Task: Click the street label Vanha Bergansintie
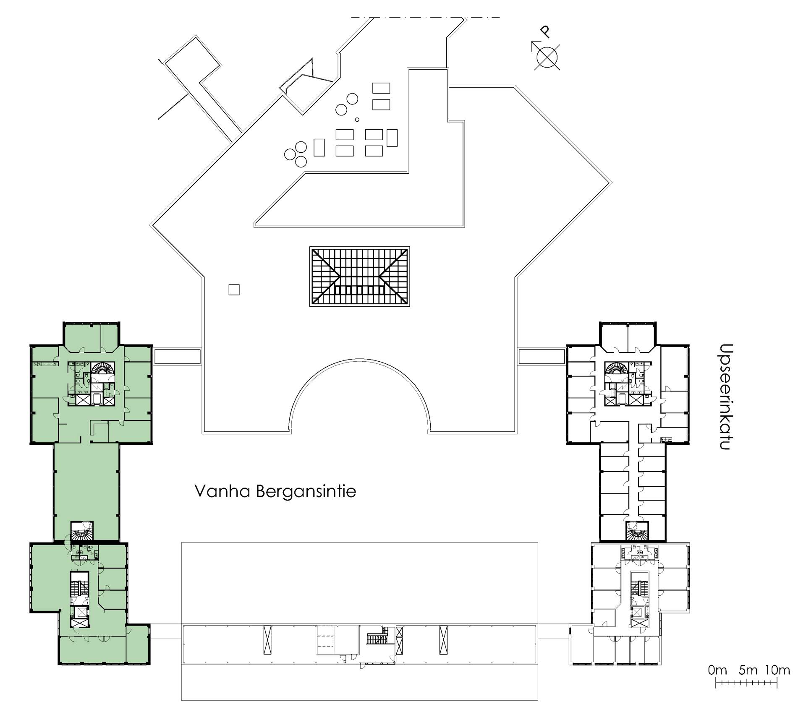coord(275,491)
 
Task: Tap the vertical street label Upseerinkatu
coord(726,397)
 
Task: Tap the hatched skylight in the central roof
coord(359,277)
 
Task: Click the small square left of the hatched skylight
coord(234,290)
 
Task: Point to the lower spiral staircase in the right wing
coord(636,535)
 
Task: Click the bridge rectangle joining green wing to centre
coord(177,356)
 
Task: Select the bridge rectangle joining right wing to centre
coord(542,356)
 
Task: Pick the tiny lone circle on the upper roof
coord(357,120)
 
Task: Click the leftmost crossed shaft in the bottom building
coord(267,639)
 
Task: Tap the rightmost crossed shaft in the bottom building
coord(443,639)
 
